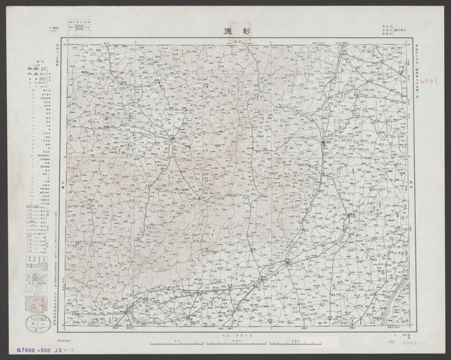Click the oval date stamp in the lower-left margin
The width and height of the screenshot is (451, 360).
(33, 323)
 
